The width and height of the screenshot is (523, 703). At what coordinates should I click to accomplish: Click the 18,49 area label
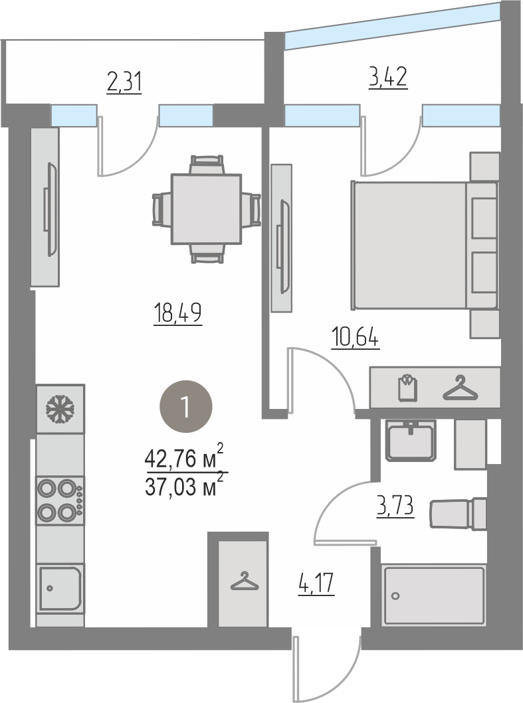(178, 313)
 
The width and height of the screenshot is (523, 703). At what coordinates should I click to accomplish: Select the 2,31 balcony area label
(124, 83)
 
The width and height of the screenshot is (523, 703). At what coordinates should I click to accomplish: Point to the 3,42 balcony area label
(388, 78)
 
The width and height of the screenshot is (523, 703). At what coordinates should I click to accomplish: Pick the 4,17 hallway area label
(316, 584)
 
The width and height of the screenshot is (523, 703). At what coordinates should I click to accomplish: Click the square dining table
(206, 209)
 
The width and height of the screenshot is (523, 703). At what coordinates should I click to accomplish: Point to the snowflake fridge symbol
(60, 409)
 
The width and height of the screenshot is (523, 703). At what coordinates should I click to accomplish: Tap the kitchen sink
(60, 587)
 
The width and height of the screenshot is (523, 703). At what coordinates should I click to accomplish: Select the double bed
(425, 245)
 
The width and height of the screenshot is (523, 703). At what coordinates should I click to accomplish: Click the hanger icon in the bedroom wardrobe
(460, 388)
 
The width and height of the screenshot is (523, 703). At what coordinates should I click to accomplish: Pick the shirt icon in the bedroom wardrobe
(407, 388)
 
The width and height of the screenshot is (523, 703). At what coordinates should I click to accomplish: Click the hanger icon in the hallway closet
(244, 581)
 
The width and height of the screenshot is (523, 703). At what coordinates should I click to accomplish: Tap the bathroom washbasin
(411, 440)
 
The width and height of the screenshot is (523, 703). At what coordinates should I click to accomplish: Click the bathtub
(434, 595)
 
